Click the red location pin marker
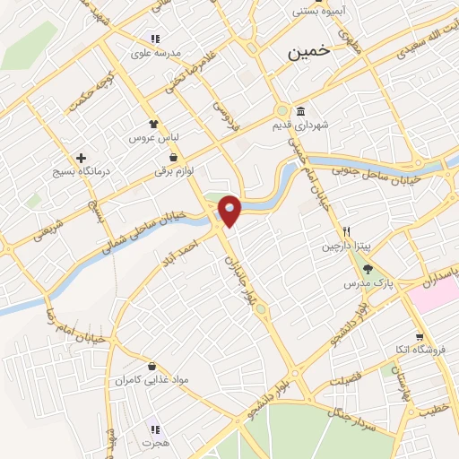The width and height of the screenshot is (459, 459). tap(230, 211)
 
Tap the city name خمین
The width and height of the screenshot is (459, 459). tap(308, 53)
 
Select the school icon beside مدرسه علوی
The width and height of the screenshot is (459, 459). tap(154, 39)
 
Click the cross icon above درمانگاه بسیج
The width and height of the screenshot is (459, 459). tap(82, 157)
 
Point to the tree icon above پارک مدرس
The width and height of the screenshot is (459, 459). tap(367, 269)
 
